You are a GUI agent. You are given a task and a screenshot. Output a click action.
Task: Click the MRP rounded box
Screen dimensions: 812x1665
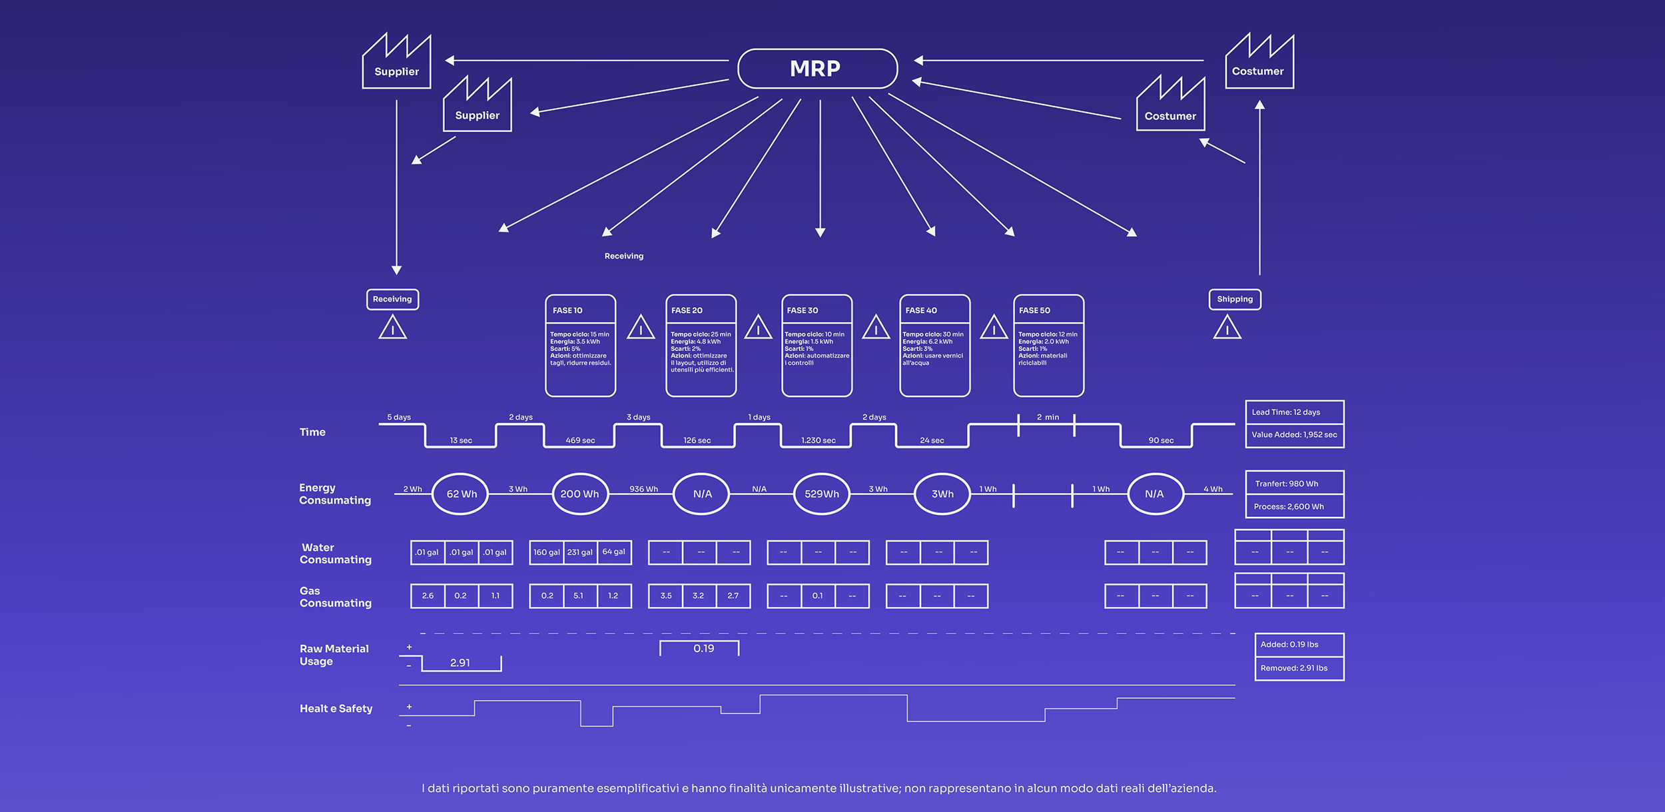(817, 69)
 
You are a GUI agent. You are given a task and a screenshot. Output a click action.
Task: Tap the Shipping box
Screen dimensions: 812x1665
(1235, 299)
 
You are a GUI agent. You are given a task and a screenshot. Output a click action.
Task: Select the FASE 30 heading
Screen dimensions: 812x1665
(803, 310)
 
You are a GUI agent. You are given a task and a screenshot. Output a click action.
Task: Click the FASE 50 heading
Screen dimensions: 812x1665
(1034, 310)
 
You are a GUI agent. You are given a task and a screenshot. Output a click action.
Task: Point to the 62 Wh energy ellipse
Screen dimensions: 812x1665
(461, 494)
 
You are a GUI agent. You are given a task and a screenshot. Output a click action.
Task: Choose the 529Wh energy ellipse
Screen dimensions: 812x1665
(822, 494)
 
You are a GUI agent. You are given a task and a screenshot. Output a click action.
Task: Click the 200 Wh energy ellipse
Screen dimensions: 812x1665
(580, 494)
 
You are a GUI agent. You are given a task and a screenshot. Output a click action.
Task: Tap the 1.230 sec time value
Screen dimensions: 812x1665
(818, 440)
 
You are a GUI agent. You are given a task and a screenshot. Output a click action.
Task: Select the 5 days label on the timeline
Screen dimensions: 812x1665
(399, 417)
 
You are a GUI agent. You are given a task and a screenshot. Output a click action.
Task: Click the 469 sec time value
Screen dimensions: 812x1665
(580, 440)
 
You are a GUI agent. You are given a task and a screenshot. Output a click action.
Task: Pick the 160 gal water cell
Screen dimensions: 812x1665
(546, 552)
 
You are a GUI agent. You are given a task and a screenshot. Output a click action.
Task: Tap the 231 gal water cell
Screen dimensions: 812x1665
(580, 552)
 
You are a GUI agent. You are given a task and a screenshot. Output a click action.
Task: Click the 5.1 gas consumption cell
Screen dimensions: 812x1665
(579, 596)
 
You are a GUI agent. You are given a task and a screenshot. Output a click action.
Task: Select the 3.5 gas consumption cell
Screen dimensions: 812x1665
(665, 596)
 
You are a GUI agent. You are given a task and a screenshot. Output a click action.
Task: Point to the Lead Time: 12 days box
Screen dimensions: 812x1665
(1294, 412)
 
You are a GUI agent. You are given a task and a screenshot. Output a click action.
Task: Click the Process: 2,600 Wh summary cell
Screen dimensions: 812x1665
(1294, 506)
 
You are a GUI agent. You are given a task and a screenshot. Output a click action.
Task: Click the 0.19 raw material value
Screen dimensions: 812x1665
(703, 648)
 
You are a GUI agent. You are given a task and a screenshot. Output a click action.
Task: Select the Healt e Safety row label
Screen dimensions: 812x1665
(336, 709)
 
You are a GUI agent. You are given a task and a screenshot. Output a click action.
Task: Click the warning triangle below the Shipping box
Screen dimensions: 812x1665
(1227, 328)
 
